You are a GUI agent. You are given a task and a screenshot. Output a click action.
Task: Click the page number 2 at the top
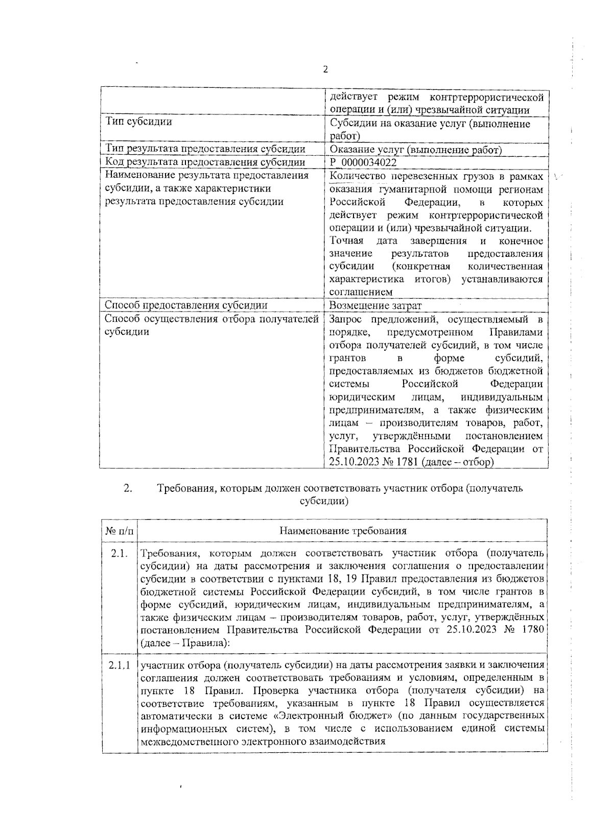tap(325, 70)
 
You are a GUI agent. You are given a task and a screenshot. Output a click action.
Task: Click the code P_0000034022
tap(363, 162)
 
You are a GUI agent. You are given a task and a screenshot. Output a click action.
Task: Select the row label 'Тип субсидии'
tap(138, 122)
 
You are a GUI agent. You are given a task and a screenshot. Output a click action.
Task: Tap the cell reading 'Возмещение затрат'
tap(375, 305)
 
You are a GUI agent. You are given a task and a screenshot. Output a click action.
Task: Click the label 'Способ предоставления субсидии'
tap(186, 305)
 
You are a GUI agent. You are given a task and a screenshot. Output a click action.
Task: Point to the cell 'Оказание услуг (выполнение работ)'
tap(416, 150)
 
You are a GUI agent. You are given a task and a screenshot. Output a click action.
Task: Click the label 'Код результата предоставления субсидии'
tap(205, 162)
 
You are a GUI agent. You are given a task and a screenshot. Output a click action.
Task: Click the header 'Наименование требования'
tap(343, 531)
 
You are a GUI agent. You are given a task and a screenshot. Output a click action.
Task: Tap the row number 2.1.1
tap(120, 666)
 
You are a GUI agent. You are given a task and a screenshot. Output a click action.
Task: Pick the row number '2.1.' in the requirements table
tap(120, 554)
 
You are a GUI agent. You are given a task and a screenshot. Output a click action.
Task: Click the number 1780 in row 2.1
tap(532, 630)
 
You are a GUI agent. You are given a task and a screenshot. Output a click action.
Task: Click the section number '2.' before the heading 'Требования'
tap(128, 488)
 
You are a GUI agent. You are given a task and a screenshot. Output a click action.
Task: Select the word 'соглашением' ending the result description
tap(361, 293)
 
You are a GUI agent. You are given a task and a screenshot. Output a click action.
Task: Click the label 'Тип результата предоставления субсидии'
tap(205, 150)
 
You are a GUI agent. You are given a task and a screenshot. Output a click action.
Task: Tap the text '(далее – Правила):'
tap(185, 643)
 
